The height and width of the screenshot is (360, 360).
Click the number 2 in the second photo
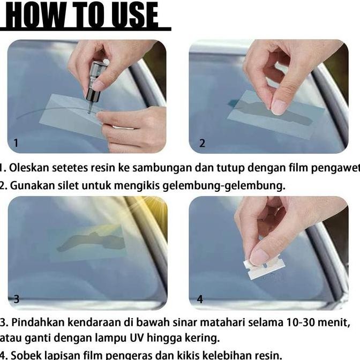pyautogui.click(x=202, y=143)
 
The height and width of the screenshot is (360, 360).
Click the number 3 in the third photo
pyautogui.click(x=17, y=299)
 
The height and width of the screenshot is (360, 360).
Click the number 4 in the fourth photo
pyautogui.click(x=200, y=299)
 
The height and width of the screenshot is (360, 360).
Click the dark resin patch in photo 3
pyautogui.click(x=91, y=241)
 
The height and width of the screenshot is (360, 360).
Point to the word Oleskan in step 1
pyautogui.click(x=26, y=168)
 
